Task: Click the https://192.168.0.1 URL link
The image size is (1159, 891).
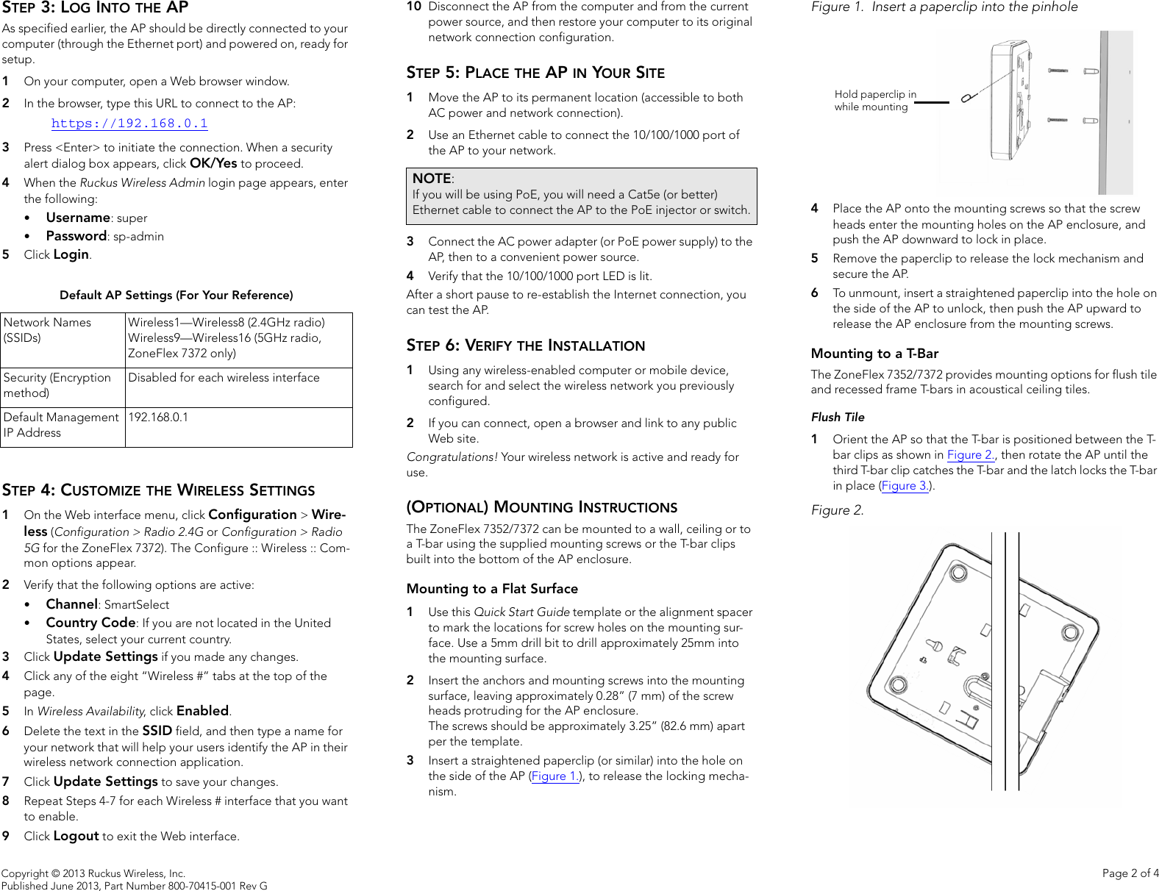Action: click(x=129, y=124)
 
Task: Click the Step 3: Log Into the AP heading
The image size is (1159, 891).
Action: click(x=96, y=8)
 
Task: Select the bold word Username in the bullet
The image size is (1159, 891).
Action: click(x=78, y=218)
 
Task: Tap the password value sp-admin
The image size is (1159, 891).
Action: click(x=138, y=236)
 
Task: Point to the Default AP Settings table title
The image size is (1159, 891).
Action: click(x=176, y=295)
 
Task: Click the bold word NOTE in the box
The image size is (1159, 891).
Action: click(x=432, y=179)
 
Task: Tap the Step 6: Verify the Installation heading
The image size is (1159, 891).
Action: click(x=525, y=346)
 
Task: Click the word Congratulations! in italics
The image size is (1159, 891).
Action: click(x=452, y=457)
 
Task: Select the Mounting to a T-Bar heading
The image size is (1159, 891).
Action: click(x=874, y=354)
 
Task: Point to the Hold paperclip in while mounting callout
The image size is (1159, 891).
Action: click(x=874, y=101)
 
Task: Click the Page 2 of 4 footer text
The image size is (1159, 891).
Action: click(x=1130, y=873)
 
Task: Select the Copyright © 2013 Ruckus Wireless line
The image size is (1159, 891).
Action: click(x=93, y=873)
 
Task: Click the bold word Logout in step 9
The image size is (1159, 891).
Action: click(x=76, y=836)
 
